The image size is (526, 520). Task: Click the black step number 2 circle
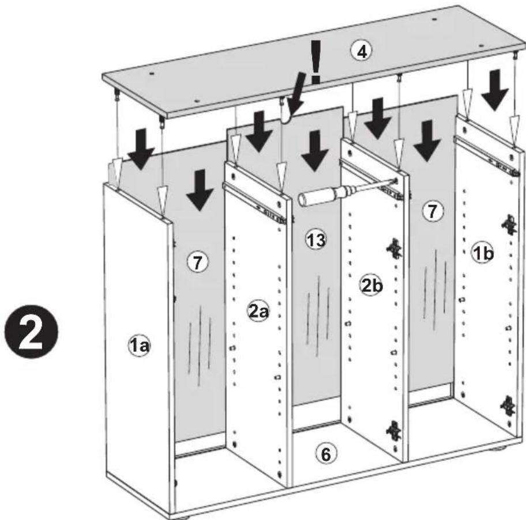31,332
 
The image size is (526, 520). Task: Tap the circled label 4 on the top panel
361,52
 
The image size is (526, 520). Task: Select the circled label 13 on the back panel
316,240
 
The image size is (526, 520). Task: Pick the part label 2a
258,312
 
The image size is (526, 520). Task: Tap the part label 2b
371,285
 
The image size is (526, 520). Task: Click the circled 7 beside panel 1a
198,262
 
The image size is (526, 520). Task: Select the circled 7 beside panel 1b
433,211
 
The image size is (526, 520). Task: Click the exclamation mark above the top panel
315,62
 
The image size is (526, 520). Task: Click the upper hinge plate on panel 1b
509,225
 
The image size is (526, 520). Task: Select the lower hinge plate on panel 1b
508,406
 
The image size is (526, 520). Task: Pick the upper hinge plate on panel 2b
394,248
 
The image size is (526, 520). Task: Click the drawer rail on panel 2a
255,202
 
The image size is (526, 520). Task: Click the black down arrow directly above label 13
314,151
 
